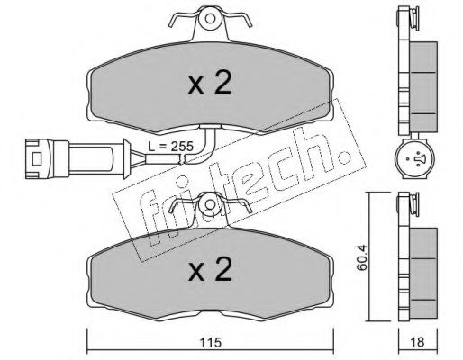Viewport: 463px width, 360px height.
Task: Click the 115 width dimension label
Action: [211, 342]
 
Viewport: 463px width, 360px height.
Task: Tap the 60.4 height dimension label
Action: [362, 257]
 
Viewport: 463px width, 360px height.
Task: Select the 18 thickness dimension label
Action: [417, 342]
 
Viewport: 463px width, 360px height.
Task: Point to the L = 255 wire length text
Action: [170, 147]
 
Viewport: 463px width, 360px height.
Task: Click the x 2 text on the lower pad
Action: [210, 269]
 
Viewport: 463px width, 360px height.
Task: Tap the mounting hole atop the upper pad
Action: [210, 19]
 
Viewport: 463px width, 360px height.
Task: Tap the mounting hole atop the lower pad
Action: [210, 204]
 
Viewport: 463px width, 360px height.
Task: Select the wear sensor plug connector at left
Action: [77, 158]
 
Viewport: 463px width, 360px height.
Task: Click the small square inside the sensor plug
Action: [37, 158]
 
